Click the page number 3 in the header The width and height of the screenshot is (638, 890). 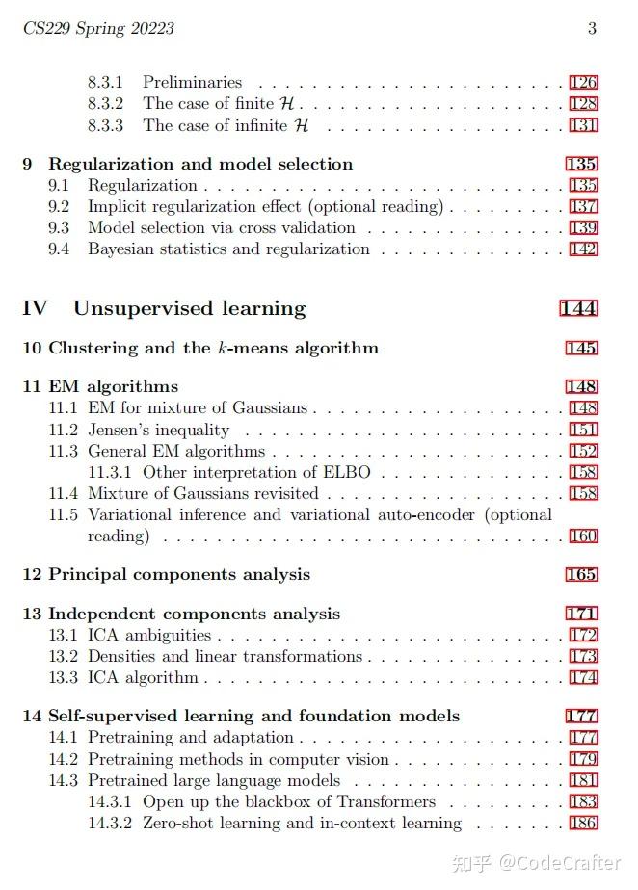593,28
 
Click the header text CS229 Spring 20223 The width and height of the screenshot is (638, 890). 98,28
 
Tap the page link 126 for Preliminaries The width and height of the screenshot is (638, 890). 583,83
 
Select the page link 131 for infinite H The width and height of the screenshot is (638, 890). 583,125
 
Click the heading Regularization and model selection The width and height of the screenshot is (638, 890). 200,164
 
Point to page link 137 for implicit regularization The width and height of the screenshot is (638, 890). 583,207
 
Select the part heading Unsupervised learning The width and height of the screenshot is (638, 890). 189,308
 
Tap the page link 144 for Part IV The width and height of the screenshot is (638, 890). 578,309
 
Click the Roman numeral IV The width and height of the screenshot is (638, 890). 35,308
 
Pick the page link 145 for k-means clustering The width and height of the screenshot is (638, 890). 582,348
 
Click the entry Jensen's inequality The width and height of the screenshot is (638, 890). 158,430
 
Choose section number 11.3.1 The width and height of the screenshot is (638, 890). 112,472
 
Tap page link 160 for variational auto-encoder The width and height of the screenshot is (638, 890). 583,537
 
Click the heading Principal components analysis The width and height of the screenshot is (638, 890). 179,574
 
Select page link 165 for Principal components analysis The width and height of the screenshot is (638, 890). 582,575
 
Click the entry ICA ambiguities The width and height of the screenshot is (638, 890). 148,636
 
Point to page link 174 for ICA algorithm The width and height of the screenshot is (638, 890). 583,678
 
